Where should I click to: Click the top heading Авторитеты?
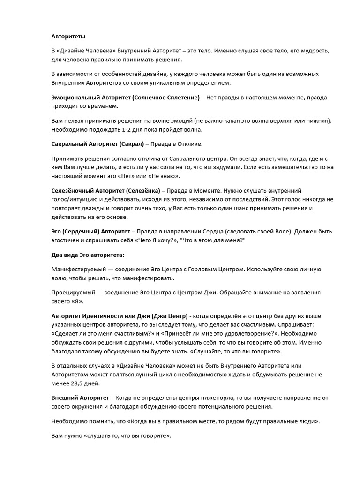68,36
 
